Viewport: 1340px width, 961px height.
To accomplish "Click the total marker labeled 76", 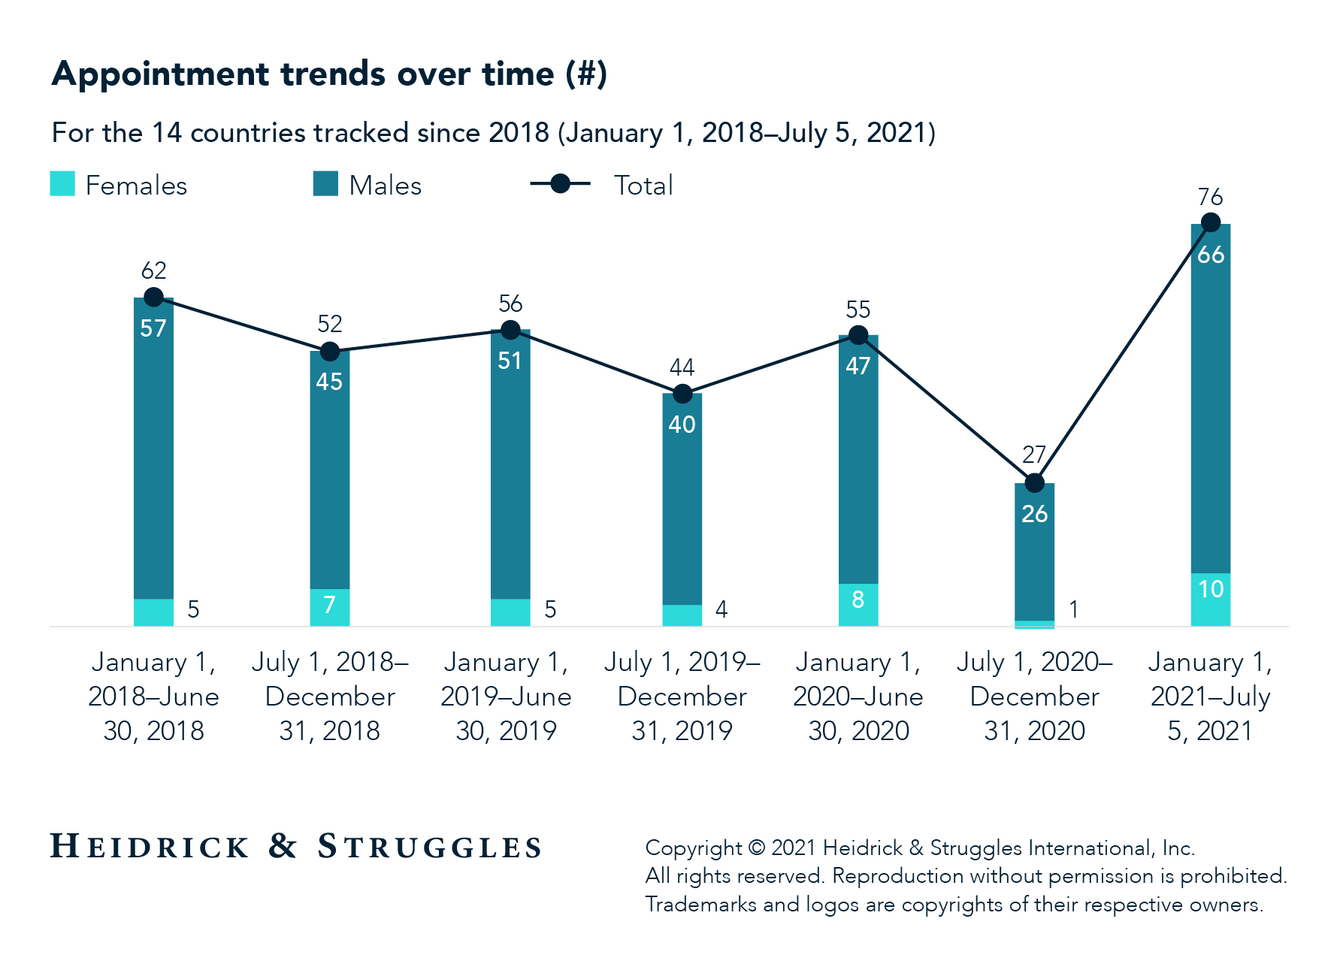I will (x=1210, y=222).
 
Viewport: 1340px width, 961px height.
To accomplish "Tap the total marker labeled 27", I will (x=1034, y=482).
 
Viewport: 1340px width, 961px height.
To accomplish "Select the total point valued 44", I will (x=682, y=394).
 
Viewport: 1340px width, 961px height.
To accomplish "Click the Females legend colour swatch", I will (x=62, y=184).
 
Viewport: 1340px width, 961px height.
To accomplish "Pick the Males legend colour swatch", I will (x=325, y=184).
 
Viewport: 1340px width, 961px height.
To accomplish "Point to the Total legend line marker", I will (x=560, y=183).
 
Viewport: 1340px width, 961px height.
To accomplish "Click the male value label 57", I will (x=153, y=328).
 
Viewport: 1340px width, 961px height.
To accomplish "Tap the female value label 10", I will (x=1211, y=589).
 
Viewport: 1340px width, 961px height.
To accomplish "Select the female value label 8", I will (x=858, y=600).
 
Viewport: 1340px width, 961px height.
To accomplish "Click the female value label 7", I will (x=329, y=605).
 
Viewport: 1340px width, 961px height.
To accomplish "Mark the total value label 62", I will (x=153, y=270).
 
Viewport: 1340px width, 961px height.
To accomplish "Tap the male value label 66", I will (x=1211, y=255).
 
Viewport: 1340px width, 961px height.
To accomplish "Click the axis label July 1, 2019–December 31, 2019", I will (x=682, y=696).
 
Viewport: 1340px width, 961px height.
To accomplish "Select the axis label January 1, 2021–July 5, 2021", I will (x=1210, y=696).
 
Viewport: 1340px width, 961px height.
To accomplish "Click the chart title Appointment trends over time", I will (x=329, y=74).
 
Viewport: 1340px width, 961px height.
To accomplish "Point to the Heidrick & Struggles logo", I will (x=295, y=847).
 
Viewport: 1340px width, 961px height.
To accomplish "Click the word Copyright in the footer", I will (x=693, y=848).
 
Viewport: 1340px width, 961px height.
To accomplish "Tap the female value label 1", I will (x=1073, y=609).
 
